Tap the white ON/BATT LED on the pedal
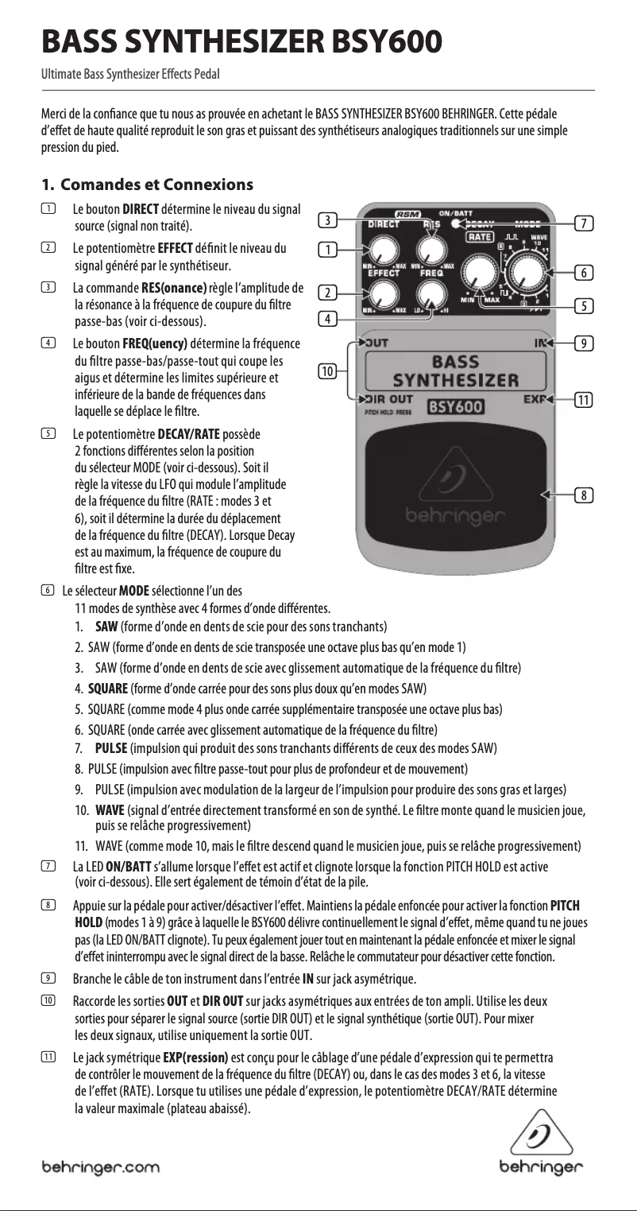pos(455,223)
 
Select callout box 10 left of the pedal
pos(326,371)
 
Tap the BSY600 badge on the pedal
pos(457,407)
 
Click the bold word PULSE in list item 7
pos(110,748)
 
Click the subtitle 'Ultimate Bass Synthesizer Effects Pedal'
pos(130,75)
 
